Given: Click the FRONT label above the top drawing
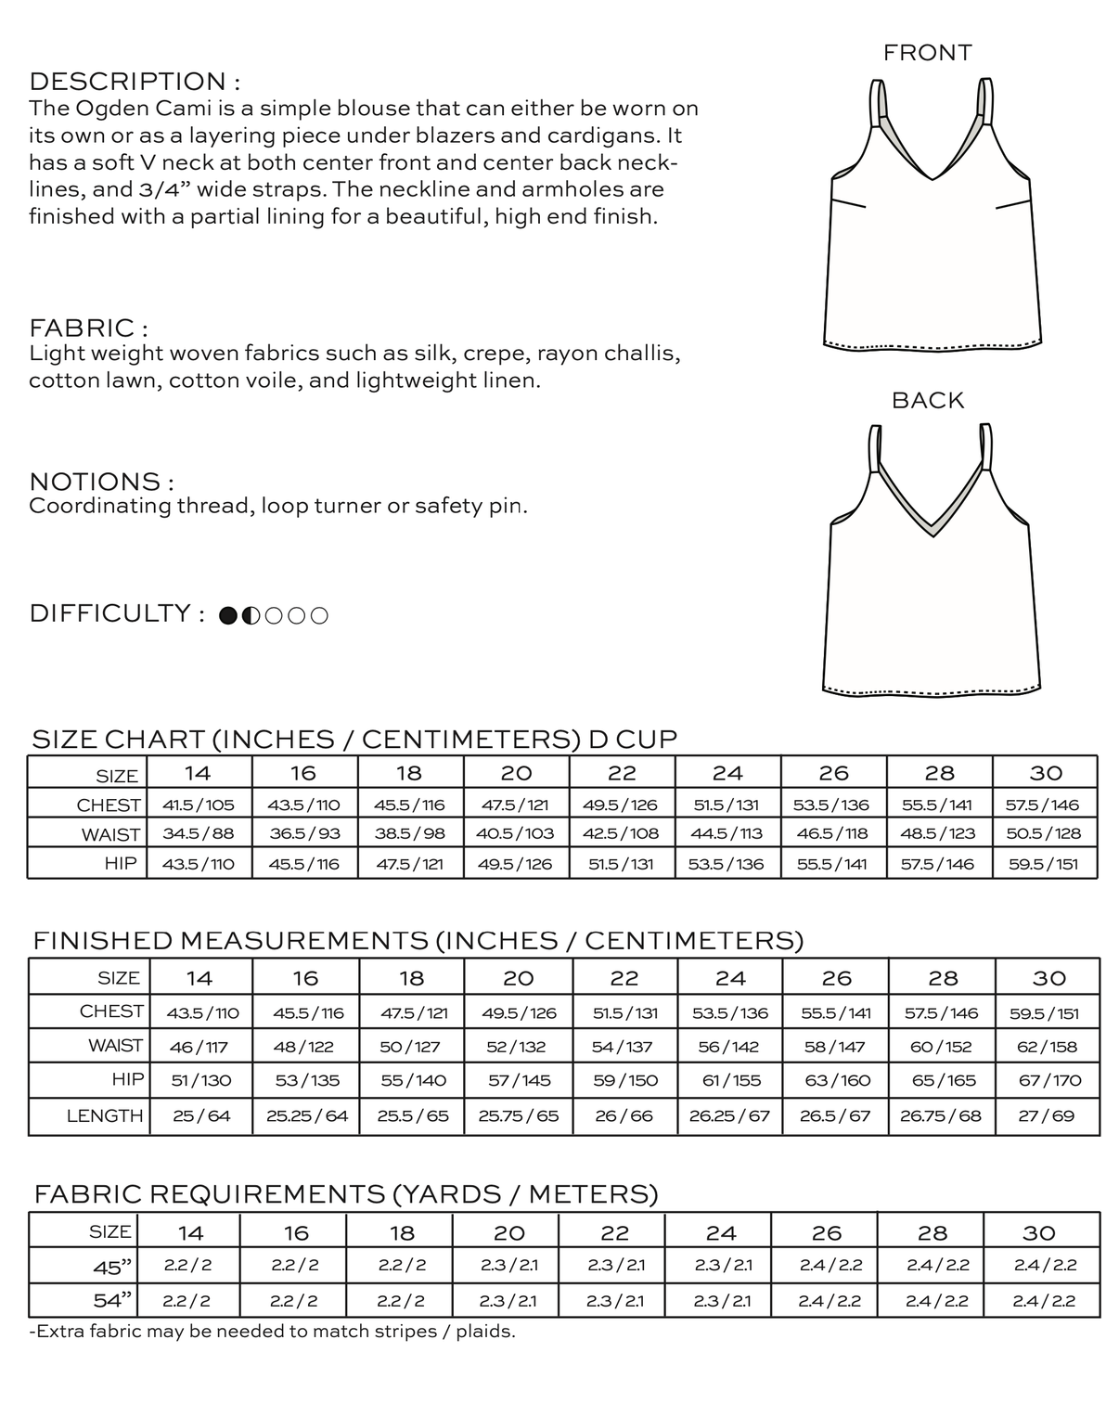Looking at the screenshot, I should pyautogui.click(x=927, y=53).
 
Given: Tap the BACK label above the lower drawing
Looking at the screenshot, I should pyautogui.click(x=928, y=400).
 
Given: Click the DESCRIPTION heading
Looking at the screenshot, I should pyautogui.click(x=135, y=82).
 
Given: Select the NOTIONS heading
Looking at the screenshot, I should pyautogui.click(x=101, y=482).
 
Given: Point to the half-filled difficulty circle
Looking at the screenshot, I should pyautogui.click(x=251, y=615).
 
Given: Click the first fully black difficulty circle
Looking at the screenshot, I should pyautogui.click(x=228, y=615).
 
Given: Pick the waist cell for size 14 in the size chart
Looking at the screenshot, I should pyautogui.click(x=199, y=833).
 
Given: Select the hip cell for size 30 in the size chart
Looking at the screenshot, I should pyautogui.click(x=1044, y=864).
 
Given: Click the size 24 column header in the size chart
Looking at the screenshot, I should pyautogui.click(x=727, y=773).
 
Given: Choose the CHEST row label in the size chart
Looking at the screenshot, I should pyautogui.click(x=109, y=805).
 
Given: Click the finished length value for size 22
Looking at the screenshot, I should pyautogui.click(x=624, y=1115).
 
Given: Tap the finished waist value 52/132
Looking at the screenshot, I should pyautogui.click(x=517, y=1047).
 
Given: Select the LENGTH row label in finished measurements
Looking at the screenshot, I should pyautogui.click(x=105, y=1115).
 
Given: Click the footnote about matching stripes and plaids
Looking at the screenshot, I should pyautogui.click(x=272, y=1332).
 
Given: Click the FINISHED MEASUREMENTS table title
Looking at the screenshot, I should pyautogui.click(x=418, y=940).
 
